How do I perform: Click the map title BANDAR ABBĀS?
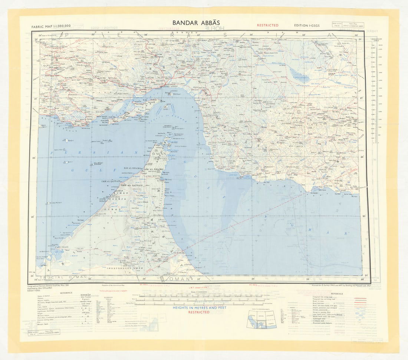pyautogui.click(x=196, y=23)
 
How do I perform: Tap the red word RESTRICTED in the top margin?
pyautogui.click(x=267, y=25)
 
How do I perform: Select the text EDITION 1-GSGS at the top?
pyautogui.click(x=306, y=25)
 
